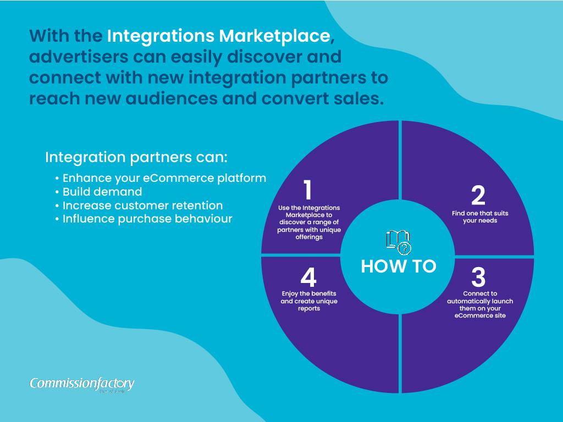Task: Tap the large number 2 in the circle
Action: click(x=478, y=196)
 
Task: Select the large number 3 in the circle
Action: click(x=478, y=277)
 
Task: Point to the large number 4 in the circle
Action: click(x=308, y=277)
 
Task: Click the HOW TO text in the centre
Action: click(x=399, y=266)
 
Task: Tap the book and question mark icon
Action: click(x=399, y=241)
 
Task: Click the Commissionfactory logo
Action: click(x=82, y=384)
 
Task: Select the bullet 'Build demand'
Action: click(x=102, y=192)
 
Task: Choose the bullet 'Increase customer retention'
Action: click(x=142, y=206)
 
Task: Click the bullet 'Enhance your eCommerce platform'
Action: click(x=164, y=178)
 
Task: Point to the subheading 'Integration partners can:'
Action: click(x=136, y=157)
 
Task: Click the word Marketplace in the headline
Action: click(x=283, y=36)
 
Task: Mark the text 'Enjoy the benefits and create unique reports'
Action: click(x=309, y=301)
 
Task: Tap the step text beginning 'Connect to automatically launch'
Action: click(x=480, y=304)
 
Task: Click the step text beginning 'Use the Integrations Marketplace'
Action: click(x=308, y=222)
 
